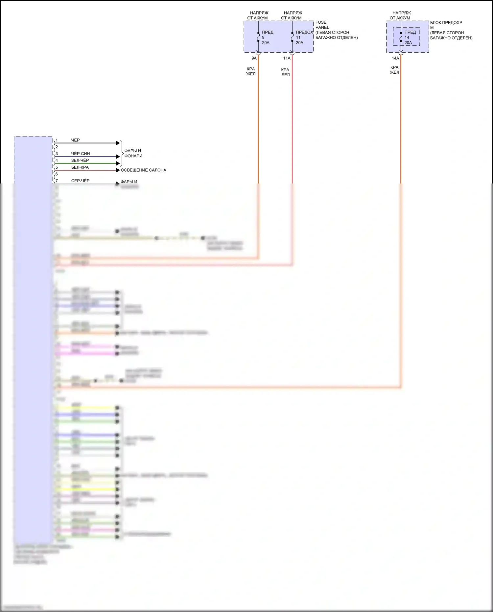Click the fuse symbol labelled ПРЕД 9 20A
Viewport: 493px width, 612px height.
pos(258,37)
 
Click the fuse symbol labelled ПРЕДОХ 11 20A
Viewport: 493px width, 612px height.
pos(292,37)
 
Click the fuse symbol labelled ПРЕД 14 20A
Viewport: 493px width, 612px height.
pos(401,37)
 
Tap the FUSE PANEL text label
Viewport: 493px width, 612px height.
pos(322,25)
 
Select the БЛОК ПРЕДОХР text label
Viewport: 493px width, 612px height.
pos(446,23)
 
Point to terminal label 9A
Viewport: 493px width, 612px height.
pos(254,58)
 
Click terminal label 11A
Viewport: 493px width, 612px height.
pos(287,58)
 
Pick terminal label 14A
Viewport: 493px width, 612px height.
pos(395,58)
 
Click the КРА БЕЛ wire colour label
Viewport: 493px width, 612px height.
pos(285,72)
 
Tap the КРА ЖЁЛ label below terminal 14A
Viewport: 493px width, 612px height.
pos(394,70)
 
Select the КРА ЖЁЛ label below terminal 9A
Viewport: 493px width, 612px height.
pos(251,71)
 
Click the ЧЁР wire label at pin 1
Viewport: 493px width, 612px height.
pos(75,140)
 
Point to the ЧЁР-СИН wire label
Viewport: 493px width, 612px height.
pos(80,154)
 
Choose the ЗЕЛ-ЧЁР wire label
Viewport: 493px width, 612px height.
pos(80,160)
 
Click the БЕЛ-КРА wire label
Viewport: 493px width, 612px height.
pos(80,167)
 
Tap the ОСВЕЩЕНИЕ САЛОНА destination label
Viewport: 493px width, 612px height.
pos(143,170)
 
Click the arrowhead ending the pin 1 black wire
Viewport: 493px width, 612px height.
pos(118,143)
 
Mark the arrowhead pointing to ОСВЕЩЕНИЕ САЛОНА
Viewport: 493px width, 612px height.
pos(118,170)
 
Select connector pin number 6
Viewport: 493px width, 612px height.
pos(57,174)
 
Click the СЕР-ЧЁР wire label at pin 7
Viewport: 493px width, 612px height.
pos(80,181)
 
